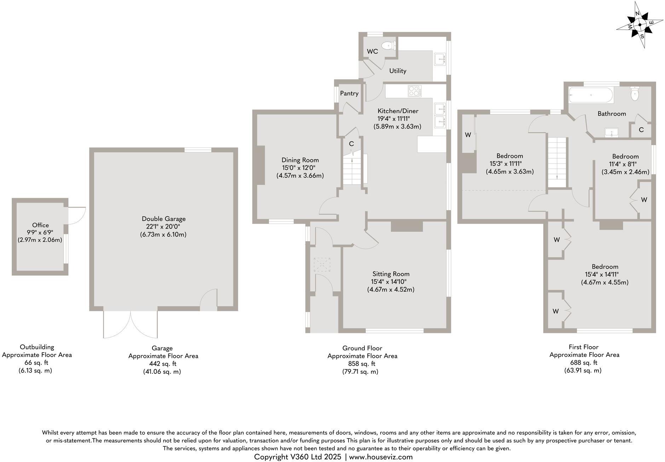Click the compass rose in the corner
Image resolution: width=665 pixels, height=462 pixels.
tap(640, 25)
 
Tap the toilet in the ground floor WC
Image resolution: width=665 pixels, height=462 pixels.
tap(390, 45)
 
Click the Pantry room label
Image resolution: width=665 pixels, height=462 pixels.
tap(349, 93)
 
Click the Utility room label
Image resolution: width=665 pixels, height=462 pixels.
tap(398, 71)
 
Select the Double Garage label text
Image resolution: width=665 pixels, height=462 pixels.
tap(163, 219)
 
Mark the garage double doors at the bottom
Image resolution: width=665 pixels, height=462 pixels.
tap(131, 325)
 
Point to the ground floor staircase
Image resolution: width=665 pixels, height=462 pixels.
tap(352, 169)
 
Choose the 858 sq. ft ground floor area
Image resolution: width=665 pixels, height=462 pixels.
tap(362, 364)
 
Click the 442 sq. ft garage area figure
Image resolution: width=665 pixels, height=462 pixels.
tap(162, 364)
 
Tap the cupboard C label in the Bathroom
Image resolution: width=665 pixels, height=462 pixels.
tap(641, 130)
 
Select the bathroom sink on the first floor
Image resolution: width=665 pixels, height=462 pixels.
tap(612, 133)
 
